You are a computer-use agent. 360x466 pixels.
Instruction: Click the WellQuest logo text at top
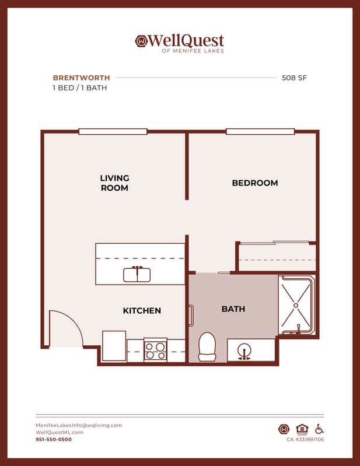186,40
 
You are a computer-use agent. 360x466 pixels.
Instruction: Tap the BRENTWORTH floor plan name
82,78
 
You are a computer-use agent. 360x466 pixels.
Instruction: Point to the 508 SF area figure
294,78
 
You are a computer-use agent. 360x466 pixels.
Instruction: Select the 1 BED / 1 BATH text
80,88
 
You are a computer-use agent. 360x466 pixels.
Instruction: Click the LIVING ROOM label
114,183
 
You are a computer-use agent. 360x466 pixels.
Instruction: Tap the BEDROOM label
255,183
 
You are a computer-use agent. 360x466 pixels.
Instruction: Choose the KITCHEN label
142,310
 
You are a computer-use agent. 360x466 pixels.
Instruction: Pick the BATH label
233,309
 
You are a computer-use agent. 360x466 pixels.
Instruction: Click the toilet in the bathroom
207,347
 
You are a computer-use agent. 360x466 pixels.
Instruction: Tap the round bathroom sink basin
244,350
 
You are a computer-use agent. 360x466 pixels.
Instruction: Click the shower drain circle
296,305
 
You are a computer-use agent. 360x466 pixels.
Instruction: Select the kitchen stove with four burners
155,350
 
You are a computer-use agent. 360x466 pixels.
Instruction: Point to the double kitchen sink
137,275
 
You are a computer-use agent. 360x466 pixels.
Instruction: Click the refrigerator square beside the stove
114,346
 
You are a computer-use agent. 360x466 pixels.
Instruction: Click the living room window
113,131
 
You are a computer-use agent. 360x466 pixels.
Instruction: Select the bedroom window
260,131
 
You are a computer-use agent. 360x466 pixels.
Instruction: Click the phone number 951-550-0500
54,439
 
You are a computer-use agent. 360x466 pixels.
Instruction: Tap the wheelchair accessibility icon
320,429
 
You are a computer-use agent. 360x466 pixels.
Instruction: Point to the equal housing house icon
302,429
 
